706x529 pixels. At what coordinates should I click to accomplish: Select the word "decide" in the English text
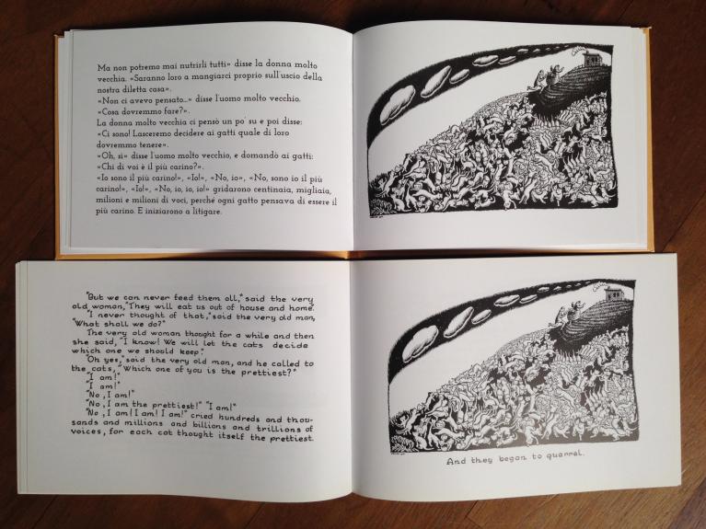tap(291, 345)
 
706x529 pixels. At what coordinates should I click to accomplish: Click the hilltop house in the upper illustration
tap(591, 58)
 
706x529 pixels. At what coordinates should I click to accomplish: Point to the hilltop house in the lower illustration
tap(614, 294)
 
